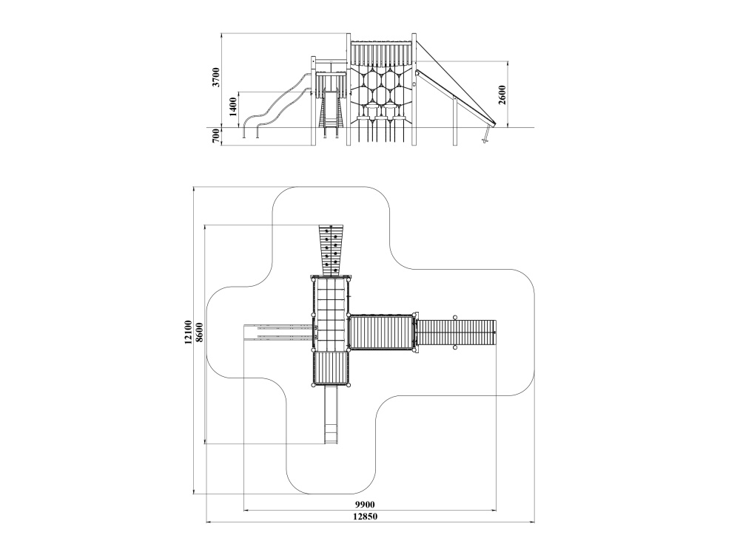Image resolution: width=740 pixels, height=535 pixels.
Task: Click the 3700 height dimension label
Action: click(x=215, y=77)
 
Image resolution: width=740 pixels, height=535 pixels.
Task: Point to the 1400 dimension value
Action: click(x=232, y=107)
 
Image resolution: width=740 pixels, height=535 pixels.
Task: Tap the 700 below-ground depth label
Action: click(x=215, y=136)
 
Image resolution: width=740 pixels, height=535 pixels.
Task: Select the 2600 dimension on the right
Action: click(x=502, y=95)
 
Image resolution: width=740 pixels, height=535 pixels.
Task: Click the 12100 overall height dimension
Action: click(x=188, y=332)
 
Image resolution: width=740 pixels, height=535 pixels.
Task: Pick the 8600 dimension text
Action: click(x=199, y=332)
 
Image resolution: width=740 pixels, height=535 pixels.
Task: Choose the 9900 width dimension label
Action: click(x=366, y=505)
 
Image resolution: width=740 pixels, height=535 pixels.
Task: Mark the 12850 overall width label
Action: click(x=366, y=516)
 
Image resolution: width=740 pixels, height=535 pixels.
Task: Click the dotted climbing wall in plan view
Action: click(x=330, y=251)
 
